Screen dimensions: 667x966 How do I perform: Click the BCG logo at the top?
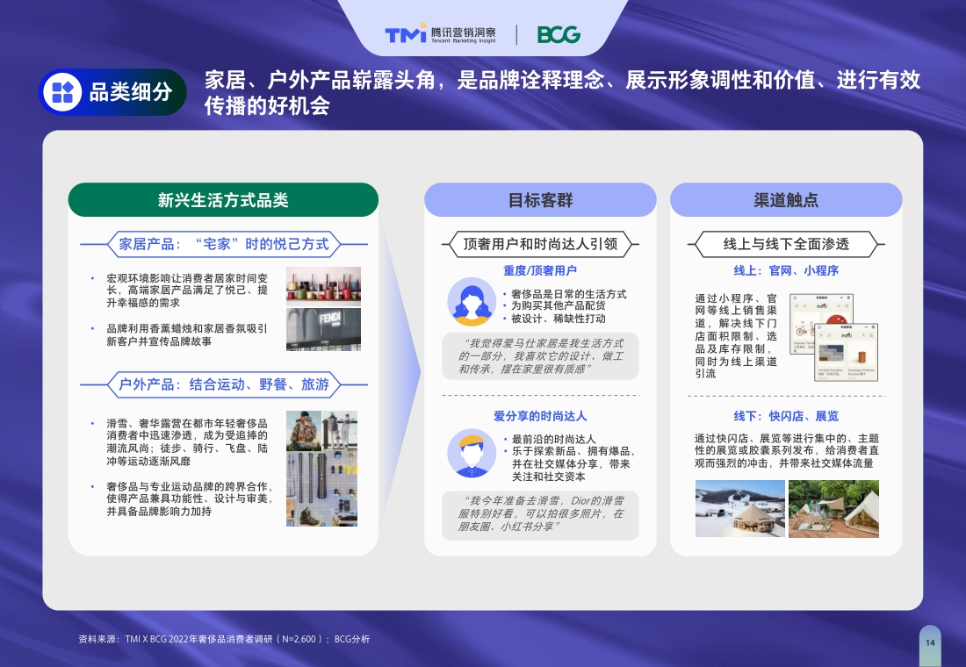click(x=559, y=34)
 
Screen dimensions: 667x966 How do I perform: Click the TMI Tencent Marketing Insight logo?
click(x=440, y=34)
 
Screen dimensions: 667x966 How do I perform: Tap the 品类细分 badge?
click(x=112, y=92)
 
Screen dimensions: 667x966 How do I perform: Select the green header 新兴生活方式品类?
click(x=223, y=200)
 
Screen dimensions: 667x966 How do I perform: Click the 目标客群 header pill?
click(x=540, y=200)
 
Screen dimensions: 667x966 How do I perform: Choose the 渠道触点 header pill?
click(x=786, y=200)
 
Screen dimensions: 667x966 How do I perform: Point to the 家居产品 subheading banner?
click(x=223, y=243)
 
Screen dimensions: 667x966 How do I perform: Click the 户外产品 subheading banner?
click(x=223, y=384)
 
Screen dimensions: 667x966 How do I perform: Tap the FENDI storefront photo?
click(x=323, y=329)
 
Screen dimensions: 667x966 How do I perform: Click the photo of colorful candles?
click(x=323, y=286)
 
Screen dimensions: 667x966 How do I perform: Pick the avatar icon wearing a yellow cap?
click(x=471, y=453)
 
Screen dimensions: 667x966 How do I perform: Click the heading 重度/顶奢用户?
click(x=540, y=270)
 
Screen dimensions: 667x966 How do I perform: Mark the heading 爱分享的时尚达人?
click(x=540, y=415)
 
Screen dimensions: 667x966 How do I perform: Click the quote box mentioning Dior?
click(x=540, y=513)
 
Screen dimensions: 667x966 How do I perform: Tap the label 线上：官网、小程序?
click(x=786, y=270)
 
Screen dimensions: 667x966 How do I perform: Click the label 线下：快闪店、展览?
click(x=786, y=415)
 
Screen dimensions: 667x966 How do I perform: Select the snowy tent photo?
click(x=739, y=509)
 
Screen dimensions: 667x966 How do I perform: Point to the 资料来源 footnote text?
click(x=224, y=639)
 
